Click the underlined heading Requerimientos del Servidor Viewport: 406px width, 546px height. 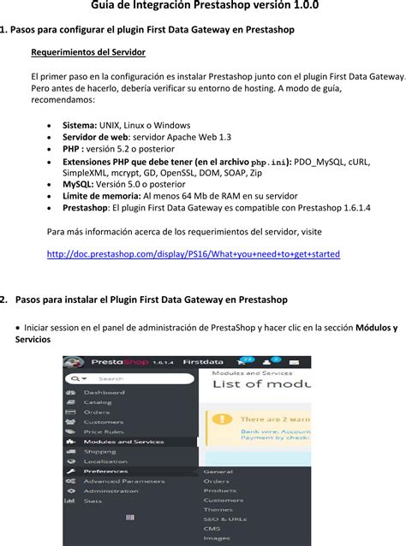point(88,52)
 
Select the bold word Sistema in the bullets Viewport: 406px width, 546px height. point(80,124)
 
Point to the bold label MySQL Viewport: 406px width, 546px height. point(78,183)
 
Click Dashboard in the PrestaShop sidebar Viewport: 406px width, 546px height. point(104,392)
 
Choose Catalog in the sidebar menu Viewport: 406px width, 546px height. point(98,401)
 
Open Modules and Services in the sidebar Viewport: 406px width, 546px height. point(123,442)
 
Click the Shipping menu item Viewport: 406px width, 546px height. point(99,452)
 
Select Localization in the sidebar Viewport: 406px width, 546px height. point(105,461)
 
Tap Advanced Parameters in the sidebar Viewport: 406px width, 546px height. point(124,481)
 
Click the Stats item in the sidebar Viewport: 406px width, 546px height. point(93,501)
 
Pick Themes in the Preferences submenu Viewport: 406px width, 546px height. point(218,509)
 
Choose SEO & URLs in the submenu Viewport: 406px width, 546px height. point(224,519)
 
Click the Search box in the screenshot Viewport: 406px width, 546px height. point(128,377)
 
